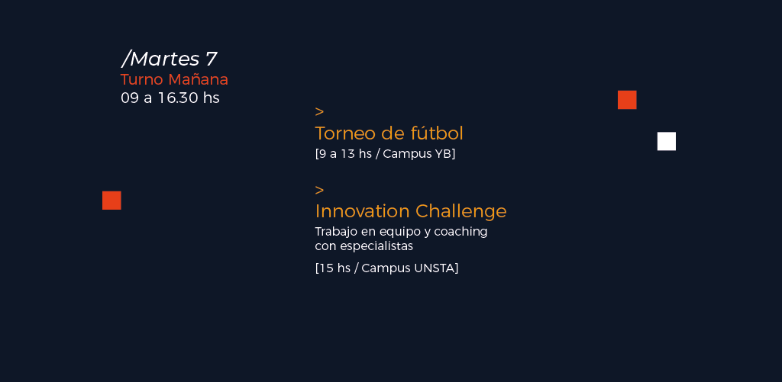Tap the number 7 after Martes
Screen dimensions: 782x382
[212, 59]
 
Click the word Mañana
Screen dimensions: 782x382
[198, 79]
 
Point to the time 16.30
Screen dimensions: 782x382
[178, 98]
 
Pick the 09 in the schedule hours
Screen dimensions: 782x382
[130, 98]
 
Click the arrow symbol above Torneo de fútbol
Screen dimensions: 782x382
[319, 111]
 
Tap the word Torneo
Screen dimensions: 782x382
[346, 133]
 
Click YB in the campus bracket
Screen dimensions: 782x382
[443, 154]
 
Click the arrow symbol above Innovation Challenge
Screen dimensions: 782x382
[319, 191]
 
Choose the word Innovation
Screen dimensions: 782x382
[363, 211]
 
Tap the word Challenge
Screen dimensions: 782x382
[460, 212]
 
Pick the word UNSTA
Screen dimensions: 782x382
[434, 268]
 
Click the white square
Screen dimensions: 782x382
[666, 142]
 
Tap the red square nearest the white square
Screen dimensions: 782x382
[627, 100]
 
